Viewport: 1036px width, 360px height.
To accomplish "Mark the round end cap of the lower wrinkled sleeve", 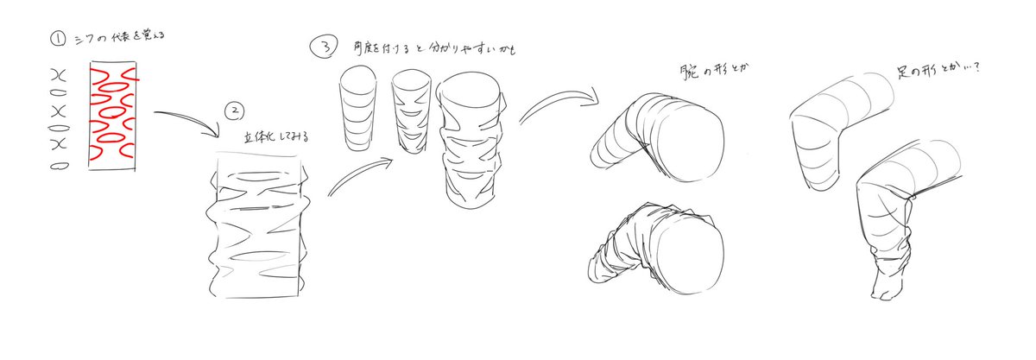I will click(x=690, y=249).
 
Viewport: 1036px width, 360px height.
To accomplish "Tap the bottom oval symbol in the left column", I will click(x=60, y=166).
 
